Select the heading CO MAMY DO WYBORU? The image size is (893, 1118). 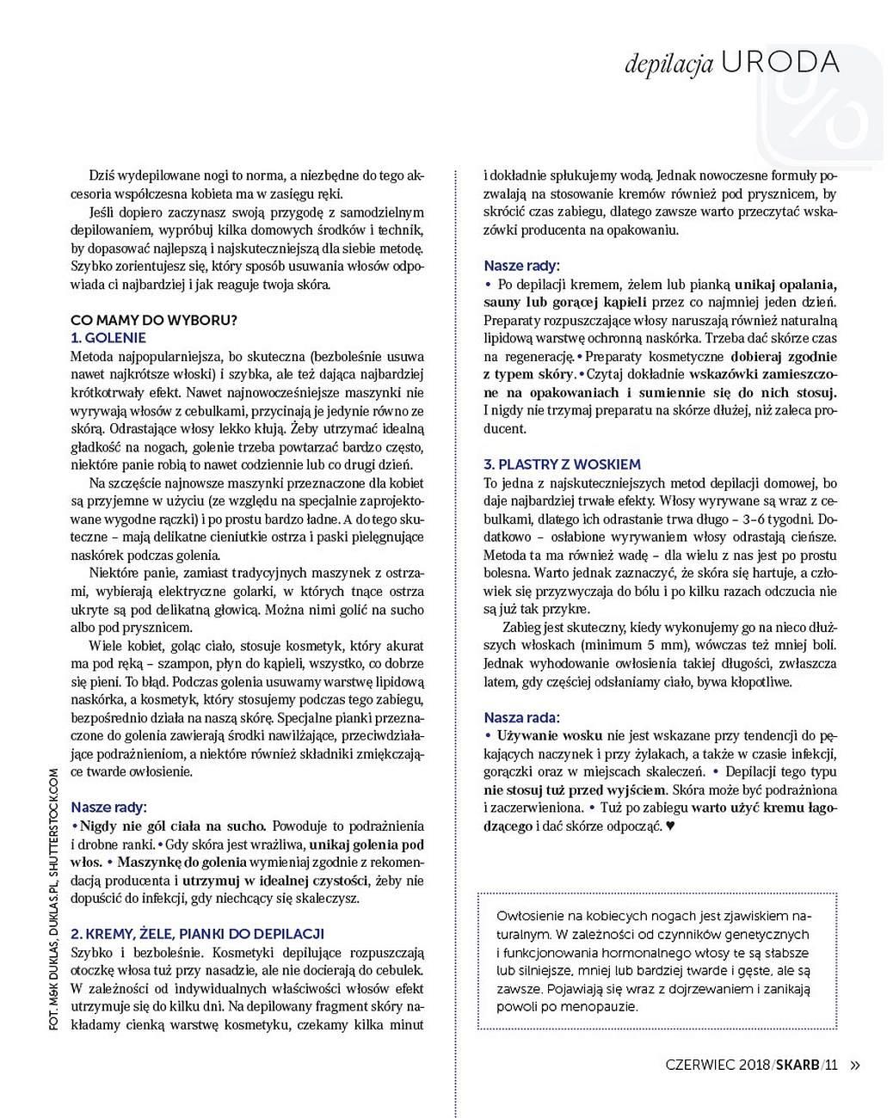(154, 320)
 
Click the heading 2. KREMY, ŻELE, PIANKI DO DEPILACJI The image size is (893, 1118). (197, 933)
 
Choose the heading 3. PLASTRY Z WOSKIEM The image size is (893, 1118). (562, 464)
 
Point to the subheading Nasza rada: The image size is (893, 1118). (521, 717)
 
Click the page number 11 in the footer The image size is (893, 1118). (830, 1065)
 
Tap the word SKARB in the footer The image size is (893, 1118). (798, 1065)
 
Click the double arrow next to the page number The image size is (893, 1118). (854, 1065)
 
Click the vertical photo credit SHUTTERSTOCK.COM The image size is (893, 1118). (53, 817)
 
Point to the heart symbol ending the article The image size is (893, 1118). (671, 826)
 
